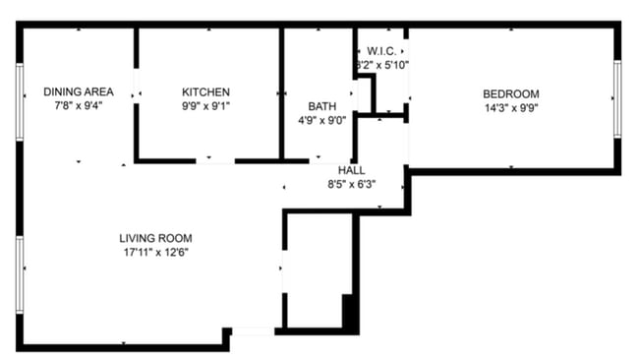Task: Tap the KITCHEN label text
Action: (x=206, y=91)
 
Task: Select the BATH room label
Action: (x=321, y=105)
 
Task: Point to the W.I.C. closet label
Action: (x=381, y=49)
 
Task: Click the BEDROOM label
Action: (x=510, y=94)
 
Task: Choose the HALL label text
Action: (x=351, y=170)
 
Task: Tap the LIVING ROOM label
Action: (x=155, y=238)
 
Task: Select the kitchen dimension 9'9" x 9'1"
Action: (x=206, y=105)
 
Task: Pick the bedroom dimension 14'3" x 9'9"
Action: (x=510, y=108)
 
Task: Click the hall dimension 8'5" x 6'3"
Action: (x=351, y=184)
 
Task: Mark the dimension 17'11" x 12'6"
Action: (x=155, y=252)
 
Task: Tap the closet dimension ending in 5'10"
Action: (x=381, y=64)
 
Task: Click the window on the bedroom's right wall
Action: (x=617, y=98)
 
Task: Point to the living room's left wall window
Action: (x=20, y=274)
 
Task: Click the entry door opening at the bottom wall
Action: (x=253, y=332)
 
